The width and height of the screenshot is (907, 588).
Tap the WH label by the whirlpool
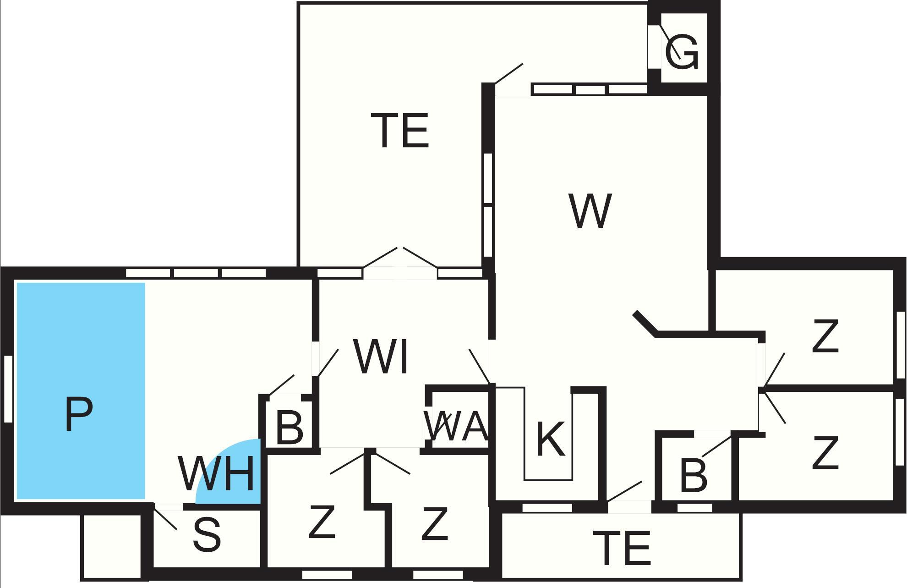(x=216, y=473)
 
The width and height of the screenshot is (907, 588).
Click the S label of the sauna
(x=207, y=535)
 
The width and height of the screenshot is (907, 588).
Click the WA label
(x=456, y=426)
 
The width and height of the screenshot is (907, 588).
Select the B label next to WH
(x=290, y=429)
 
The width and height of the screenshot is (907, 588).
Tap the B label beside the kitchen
(x=694, y=475)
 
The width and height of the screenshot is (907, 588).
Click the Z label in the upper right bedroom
(x=825, y=337)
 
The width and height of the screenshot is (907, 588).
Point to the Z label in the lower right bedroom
(x=825, y=453)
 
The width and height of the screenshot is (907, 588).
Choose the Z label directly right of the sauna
(x=322, y=521)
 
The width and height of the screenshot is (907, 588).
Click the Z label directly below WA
(x=434, y=523)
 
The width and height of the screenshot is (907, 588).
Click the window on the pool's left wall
(x=8, y=389)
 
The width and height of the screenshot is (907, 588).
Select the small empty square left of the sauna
(x=111, y=546)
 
